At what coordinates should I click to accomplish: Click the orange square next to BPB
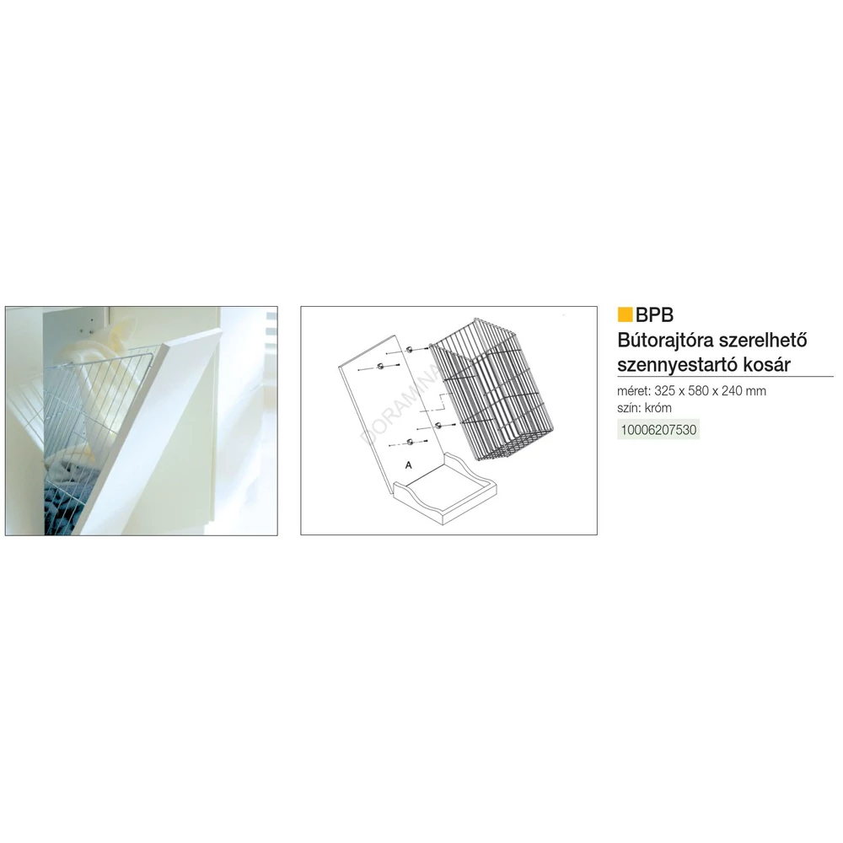(625, 314)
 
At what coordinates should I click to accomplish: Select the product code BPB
(654, 314)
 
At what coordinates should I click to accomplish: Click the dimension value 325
(666, 391)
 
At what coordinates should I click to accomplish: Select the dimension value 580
(699, 391)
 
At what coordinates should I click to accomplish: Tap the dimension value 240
(733, 391)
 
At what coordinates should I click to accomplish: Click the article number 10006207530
(658, 430)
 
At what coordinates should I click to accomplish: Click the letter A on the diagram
(408, 464)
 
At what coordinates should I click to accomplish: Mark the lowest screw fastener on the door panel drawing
(411, 442)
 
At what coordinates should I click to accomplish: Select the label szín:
(629, 407)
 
